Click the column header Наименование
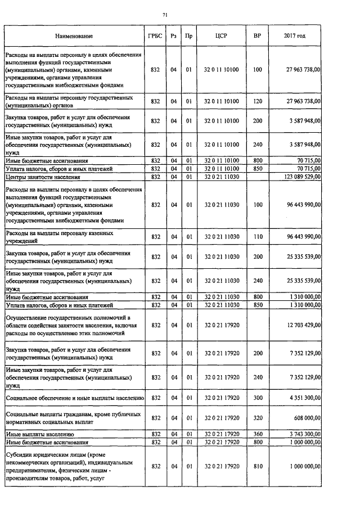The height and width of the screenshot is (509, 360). [x=74, y=36]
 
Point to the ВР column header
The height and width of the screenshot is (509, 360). [x=257, y=36]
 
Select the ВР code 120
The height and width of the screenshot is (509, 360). [x=258, y=101]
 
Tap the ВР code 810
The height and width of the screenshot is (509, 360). [x=258, y=466]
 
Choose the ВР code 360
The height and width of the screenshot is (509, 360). [x=258, y=435]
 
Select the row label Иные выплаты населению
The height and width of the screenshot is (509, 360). [x=39, y=435]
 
